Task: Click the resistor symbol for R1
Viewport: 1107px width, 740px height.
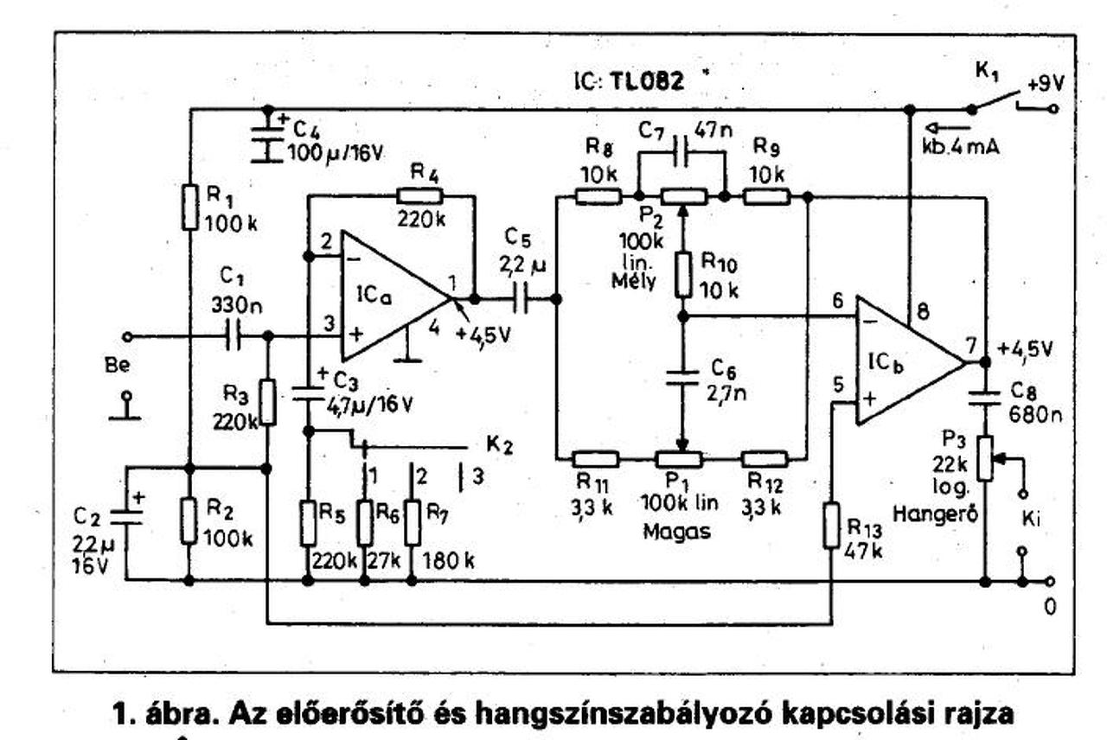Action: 190,208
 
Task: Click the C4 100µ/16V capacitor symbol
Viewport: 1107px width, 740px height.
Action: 267,141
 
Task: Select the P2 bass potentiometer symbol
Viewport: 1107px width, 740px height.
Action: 681,197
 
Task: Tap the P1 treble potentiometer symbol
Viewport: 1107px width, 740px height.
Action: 678,459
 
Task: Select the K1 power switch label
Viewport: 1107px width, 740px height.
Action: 986,73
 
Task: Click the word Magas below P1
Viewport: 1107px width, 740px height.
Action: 677,532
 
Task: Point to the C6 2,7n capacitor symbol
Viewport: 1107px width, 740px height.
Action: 681,377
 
